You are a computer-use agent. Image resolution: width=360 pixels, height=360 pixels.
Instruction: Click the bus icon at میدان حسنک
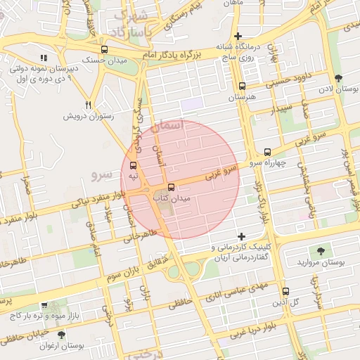click(x=105, y=49)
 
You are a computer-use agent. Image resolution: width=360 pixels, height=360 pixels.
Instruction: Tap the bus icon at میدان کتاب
click(x=171, y=188)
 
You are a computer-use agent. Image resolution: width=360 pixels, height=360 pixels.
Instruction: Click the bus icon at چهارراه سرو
click(x=267, y=152)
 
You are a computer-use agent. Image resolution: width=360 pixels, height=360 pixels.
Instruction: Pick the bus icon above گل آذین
click(x=285, y=291)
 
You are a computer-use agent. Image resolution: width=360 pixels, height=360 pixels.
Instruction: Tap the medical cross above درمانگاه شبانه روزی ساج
click(x=238, y=36)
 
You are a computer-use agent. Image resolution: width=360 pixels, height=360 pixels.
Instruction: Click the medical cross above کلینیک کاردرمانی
click(x=243, y=236)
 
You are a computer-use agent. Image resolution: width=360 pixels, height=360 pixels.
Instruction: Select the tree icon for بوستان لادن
click(x=339, y=78)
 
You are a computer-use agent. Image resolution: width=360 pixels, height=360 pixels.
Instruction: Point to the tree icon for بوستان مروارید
click(x=321, y=250)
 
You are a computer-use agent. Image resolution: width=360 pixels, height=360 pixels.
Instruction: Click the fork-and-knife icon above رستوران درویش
click(x=88, y=103)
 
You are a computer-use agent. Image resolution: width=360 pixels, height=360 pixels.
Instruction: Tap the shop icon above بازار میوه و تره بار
click(x=44, y=306)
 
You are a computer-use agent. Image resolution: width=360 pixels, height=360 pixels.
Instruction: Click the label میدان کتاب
click(x=172, y=199)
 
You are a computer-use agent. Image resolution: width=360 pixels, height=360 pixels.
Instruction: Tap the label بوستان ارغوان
click(x=80, y=346)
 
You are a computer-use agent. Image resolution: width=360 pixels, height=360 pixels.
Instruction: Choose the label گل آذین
click(x=288, y=302)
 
